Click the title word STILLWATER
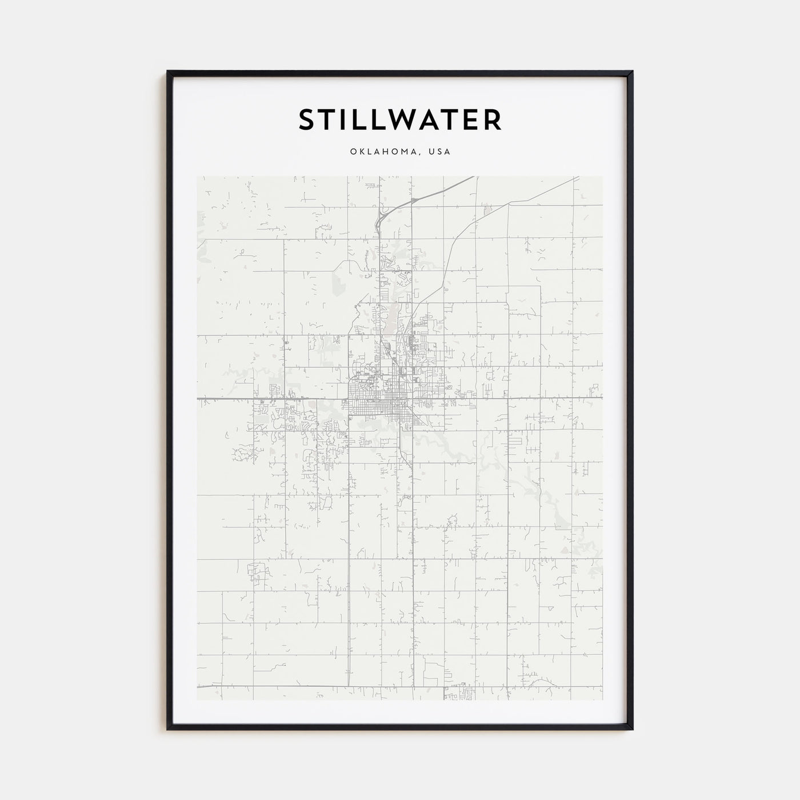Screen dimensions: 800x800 [400, 119]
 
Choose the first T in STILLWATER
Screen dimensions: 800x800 [328, 119]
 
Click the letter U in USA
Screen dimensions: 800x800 [434, 152]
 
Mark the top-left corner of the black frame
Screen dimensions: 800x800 [168, 72]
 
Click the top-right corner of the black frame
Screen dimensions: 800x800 [632, 72]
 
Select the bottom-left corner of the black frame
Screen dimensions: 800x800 [168, 728]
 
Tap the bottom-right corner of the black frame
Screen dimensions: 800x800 [632, 728]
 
